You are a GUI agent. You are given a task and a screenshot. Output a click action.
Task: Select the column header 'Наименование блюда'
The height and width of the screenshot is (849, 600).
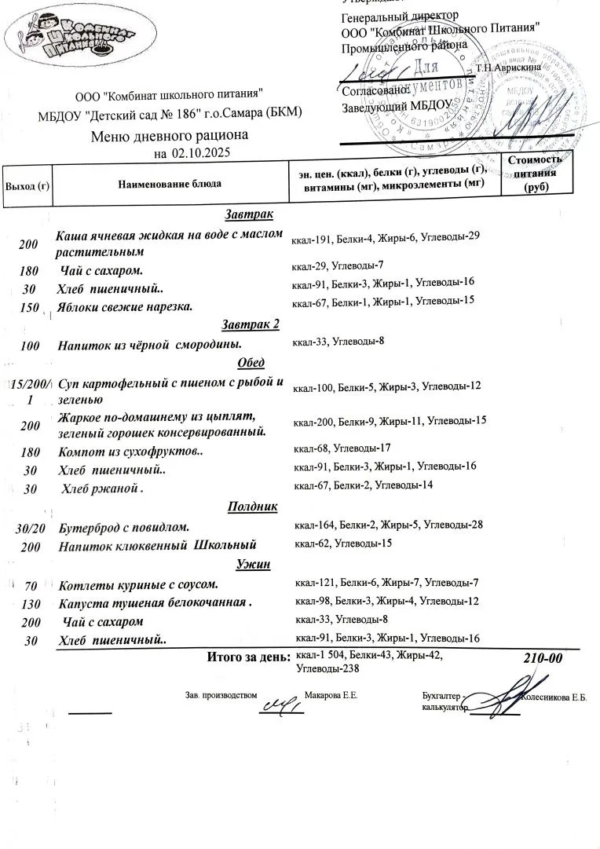coord(170,184)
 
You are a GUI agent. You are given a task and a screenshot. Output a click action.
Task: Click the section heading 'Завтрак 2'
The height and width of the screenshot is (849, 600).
coord(251,324)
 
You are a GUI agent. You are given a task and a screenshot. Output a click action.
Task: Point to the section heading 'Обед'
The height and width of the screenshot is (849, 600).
coord(251,363)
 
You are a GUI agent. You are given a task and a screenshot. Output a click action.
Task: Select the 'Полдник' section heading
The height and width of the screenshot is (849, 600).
coord(252,507)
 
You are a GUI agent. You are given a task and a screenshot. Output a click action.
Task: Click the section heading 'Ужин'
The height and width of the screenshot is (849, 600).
coord(251,565)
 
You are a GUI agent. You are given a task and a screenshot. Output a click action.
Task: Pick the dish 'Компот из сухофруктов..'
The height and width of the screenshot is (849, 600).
coord(131,452)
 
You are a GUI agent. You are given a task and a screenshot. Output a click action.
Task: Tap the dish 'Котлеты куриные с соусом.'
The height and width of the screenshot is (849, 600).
coord(137,584)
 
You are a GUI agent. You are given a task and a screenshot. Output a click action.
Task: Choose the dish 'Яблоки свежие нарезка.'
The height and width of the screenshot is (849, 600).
coord(125,306)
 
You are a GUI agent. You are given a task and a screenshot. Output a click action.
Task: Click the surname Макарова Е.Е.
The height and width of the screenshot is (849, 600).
coord(331,696)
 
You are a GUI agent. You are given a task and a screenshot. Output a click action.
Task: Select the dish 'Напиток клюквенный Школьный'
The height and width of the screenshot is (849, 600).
coord(157,545)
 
